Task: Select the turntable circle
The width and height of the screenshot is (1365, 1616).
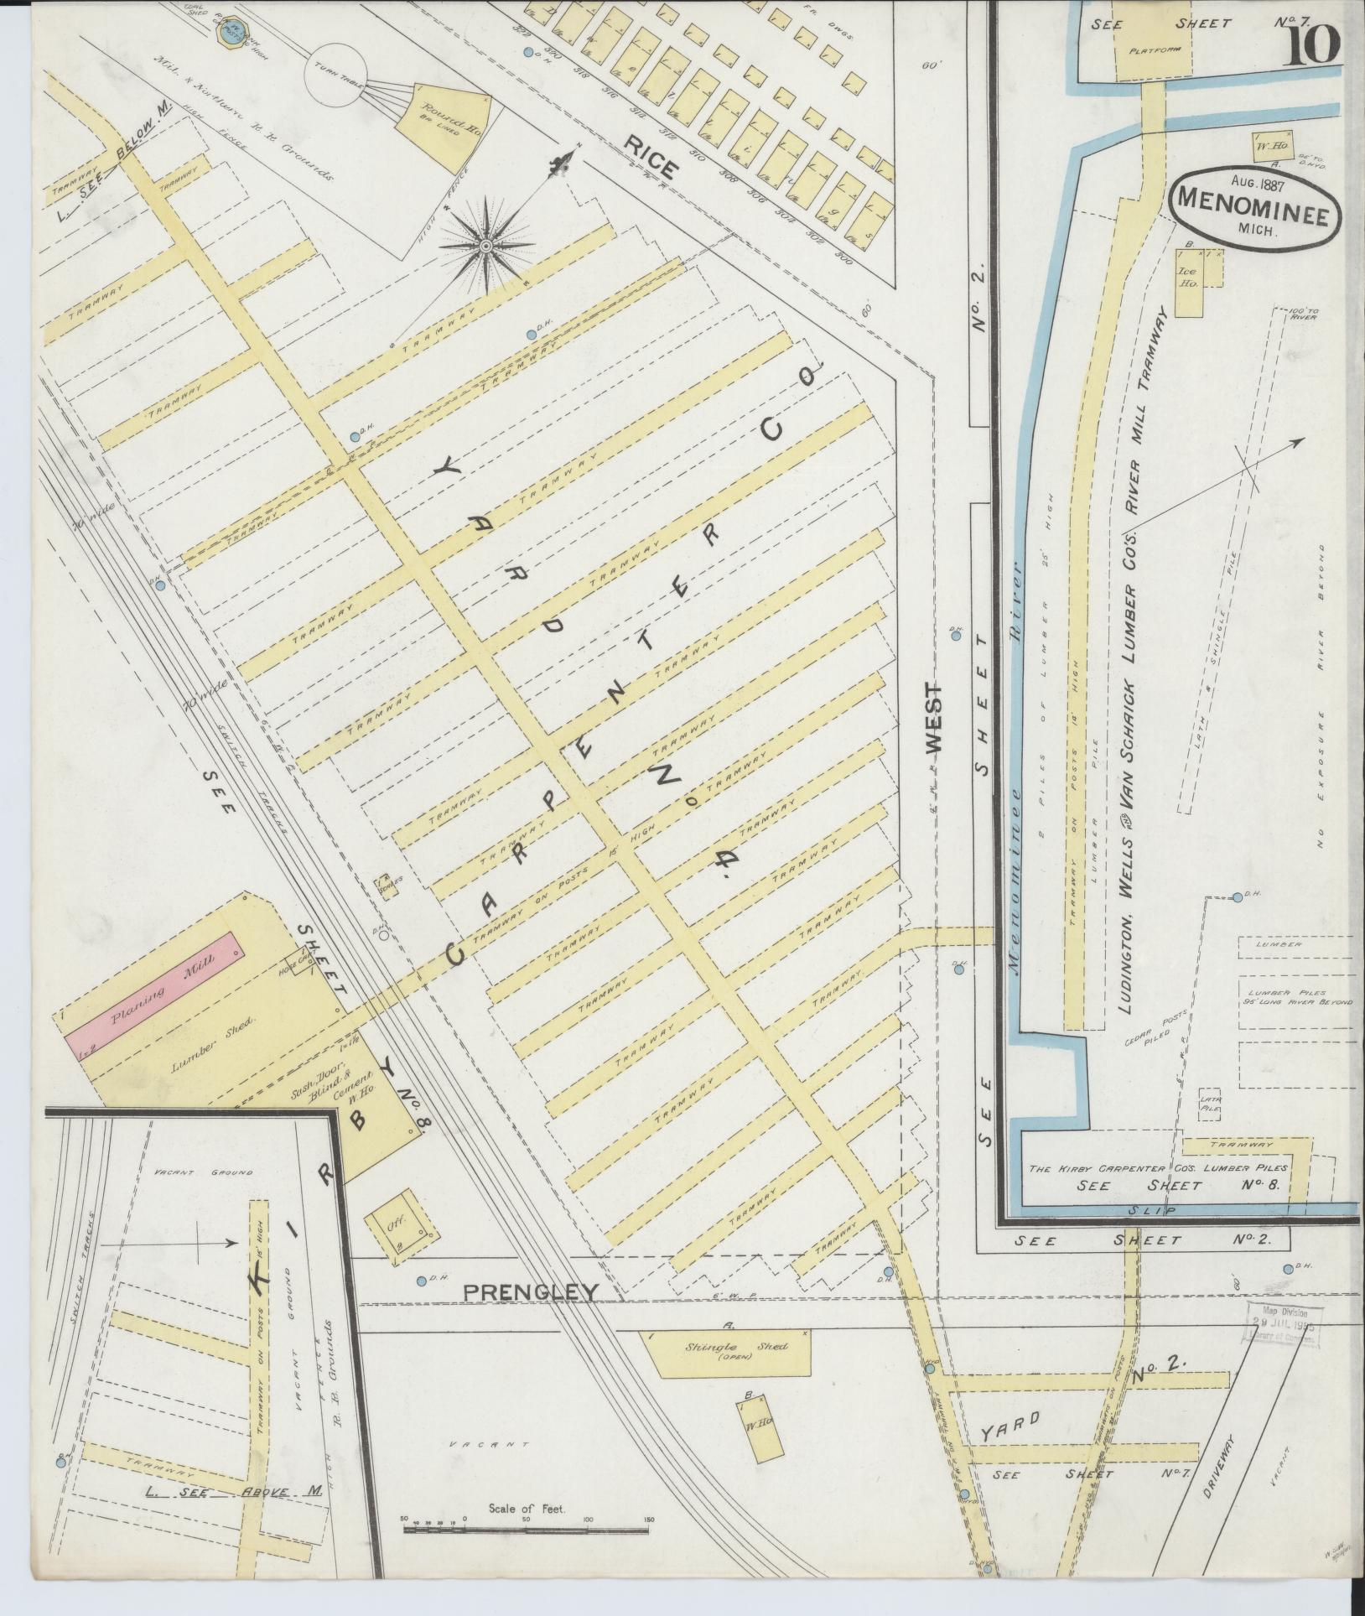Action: click(336, 72)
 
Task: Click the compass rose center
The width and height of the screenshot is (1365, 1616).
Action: click(485, 245)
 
